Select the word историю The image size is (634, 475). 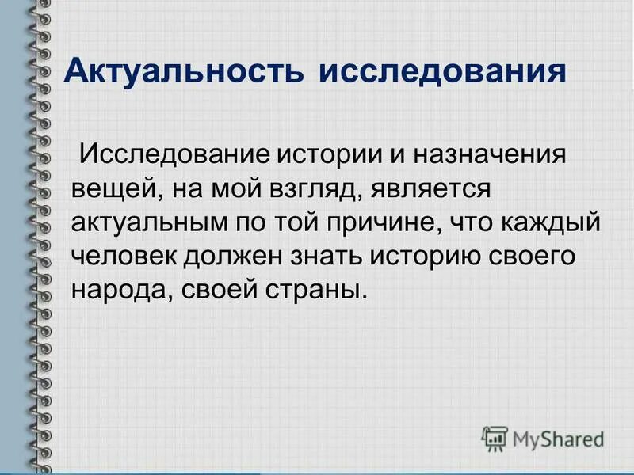[442, 256]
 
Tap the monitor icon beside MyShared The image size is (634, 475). [495, 437]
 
